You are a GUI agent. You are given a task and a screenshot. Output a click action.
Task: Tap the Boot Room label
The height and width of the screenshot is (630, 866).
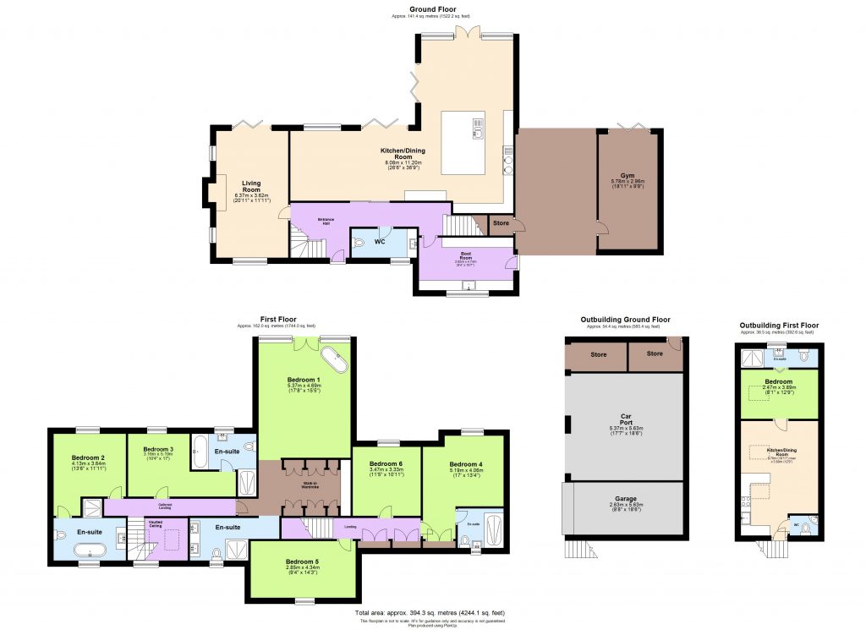(465, 253)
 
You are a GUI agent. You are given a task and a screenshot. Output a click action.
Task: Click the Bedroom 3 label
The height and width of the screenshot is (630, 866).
(157, 449)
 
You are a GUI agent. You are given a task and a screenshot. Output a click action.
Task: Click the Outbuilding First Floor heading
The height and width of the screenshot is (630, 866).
(778, 325)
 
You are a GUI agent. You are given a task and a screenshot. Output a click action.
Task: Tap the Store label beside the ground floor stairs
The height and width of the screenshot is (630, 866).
(502, 224)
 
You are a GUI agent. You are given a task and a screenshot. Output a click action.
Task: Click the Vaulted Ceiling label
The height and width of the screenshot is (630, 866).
(155, 523)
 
